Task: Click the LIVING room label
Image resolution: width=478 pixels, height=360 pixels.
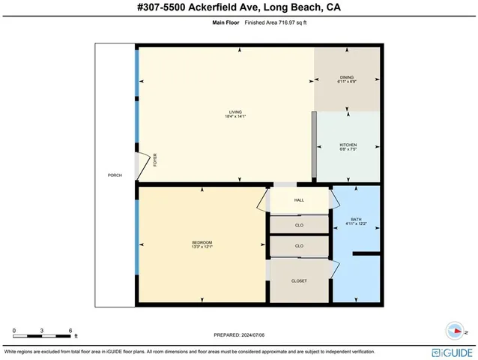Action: pyautogui.click(x=235, y=112)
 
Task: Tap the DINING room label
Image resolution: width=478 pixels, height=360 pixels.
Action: pyautogui.click(x=346, y=77)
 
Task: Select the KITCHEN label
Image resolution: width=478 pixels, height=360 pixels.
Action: pyautogui.click(x=348, y=145)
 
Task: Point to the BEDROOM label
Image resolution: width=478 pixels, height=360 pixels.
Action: pyautogui.click(x=202, y=241)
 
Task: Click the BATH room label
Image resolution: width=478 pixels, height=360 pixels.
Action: pyautogui.click(x=356, y=219)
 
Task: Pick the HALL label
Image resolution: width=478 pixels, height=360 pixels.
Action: pyautogui.click(x=299, y=200)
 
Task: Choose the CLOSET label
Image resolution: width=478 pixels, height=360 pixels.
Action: pyautogui.click(x=299, y=280)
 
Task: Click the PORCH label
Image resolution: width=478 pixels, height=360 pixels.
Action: pyautogui.click(x=115, y=175)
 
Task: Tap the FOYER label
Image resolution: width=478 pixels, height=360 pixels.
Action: pyautogui.click(x=155, y=159)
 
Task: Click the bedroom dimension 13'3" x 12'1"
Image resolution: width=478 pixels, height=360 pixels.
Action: pyautogui.click(x=202, y=246)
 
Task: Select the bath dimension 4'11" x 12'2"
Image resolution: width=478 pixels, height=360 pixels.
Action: pyautogui.click(x=356, y=223)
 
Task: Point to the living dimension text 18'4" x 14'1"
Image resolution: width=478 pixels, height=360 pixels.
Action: pyautogui.click(x=235, y=117)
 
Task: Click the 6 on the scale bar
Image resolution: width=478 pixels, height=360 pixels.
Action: pyautogui.click(x=70, y=330)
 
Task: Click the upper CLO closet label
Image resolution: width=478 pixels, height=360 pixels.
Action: pyautogui.click(x=299, y=223)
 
